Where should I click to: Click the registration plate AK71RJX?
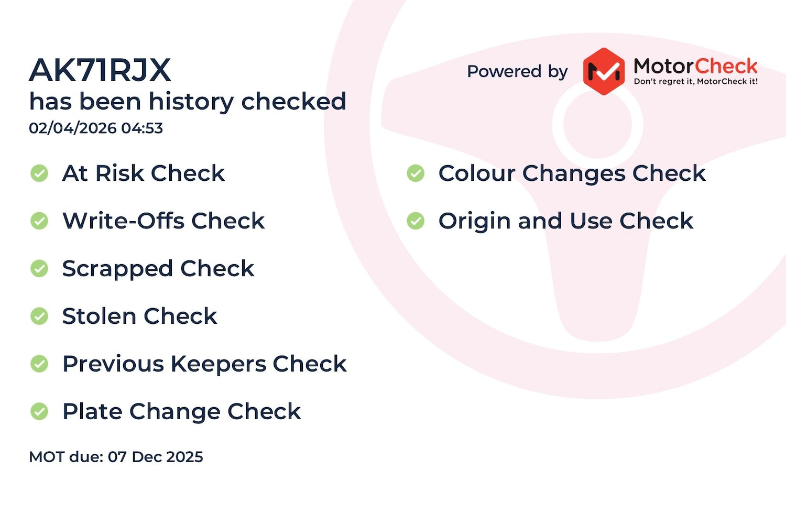click(x=100, y=70)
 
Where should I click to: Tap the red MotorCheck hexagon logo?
click(x=604, y=72)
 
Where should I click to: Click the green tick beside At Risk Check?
click(x=39, y=173)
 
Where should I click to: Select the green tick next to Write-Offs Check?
click(x=39, y=221)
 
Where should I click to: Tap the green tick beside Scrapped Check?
click(x=39, y=268)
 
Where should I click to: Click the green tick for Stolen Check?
click(x=39, y=316)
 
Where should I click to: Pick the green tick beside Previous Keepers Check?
click(x=39, y=364)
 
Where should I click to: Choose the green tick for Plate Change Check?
click(x=39, y=411)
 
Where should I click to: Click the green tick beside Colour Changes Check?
click(x=416, y=173)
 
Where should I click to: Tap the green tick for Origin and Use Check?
click(x=416, y=221)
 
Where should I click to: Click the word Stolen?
click(x=99, y=316)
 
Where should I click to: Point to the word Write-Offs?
click(x=123, y=221)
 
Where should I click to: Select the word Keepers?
click(x=219, y=364)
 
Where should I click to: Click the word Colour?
click(x=477, y=173)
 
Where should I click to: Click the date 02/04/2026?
click(x=73, y=128)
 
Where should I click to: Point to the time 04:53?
click(x=142, y=128)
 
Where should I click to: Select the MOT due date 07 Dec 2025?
click(x=155, y=456)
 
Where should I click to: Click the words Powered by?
click(x=517, y=72)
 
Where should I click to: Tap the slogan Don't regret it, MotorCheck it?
click(x=695, y=81)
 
